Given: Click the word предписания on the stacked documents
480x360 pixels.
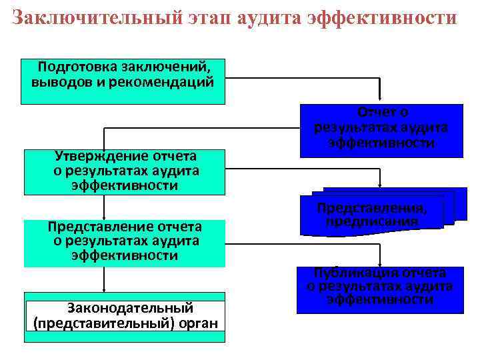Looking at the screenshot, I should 371,221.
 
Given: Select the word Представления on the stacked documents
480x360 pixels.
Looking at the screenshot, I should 371,208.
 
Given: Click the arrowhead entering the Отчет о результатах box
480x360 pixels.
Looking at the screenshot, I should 380,100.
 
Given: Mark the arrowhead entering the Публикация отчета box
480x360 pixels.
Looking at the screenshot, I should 380,263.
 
